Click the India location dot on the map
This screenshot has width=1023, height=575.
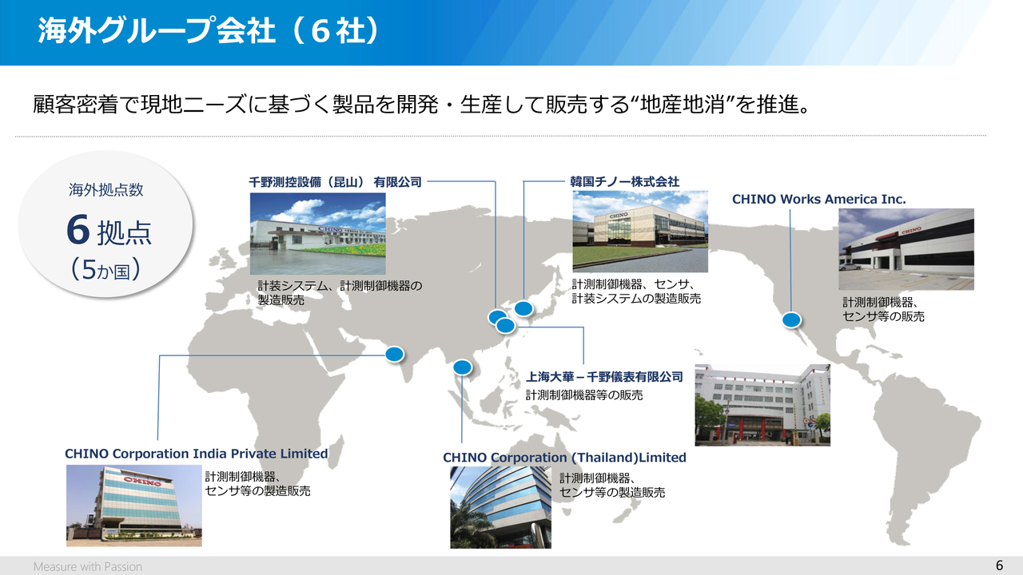pyautogui.click(x=394, y=354)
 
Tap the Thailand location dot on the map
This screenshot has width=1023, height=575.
pyautogui.click(x=462, y=367)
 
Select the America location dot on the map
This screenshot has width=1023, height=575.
pyautogui.click(x=791, y=320)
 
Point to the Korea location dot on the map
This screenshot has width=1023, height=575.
pyautogui.click(x=523, y=309)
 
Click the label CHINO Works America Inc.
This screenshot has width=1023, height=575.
pyautogui.click(x=819, y=200)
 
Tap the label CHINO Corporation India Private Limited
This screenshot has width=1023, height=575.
pyautogui.click(x=197, y=454)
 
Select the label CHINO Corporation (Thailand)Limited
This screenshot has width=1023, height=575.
pyautogui.click(x=564, y=458)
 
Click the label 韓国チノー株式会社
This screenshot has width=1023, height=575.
pyautogui.click(x=624, y=182)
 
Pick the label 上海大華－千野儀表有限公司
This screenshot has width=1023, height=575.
pyautogui.click(x=604, y=377)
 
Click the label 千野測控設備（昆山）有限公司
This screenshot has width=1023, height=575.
pyautogui.click(x=335, y=183)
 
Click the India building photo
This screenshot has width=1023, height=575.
pyautogui.click(x=133, y=506)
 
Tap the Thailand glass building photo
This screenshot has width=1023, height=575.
pyautogui.click(x=500, y=507)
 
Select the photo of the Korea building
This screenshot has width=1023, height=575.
pyautogui.click(x=640, y=232)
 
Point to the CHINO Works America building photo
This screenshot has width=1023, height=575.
pyautogui.click(x=906, y=249)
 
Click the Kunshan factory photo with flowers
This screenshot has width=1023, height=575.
pyautogui.click(x=317, y=234)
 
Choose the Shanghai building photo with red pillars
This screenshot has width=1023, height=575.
pyautogui.click(x=762, y=405)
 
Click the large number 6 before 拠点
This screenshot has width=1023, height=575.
pyautogui.click(x=78, y=230)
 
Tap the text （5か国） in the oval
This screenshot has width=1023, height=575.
pyautogui.click(x=105, y=270)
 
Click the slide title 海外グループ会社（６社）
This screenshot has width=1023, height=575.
pyautogui.click(x=209, y=31)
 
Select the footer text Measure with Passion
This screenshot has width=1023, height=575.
pyautogui.click(x=88, y=566)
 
